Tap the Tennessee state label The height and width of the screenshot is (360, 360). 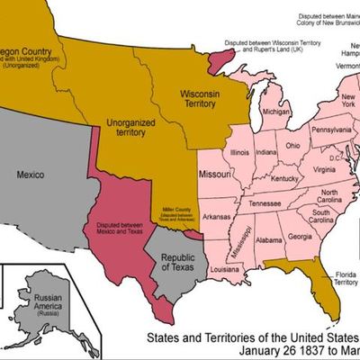[265, 203]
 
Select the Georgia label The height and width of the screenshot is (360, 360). [300, 238]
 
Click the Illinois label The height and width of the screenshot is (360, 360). [239, 154]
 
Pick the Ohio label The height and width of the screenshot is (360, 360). [293, 146]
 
